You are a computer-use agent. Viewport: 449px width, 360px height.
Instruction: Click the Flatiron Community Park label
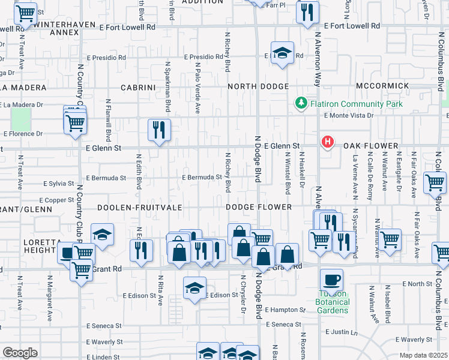(356, 104)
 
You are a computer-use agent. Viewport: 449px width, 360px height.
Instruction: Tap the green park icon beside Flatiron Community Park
(301, 104)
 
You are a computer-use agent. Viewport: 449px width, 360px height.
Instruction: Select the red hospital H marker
(328, 142)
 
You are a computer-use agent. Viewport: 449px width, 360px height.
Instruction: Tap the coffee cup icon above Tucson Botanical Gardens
(331, 279)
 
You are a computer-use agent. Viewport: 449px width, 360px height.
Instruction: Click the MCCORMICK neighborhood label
(382, 86)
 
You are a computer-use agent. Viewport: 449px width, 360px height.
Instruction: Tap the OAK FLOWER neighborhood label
(371, 146)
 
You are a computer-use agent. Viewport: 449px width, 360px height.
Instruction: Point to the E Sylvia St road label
(58, 184)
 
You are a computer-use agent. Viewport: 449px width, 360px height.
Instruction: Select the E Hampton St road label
(285, 310)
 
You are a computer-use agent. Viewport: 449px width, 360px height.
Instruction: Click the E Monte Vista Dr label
(348, 115)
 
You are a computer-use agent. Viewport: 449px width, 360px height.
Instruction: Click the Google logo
(20, 352)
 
